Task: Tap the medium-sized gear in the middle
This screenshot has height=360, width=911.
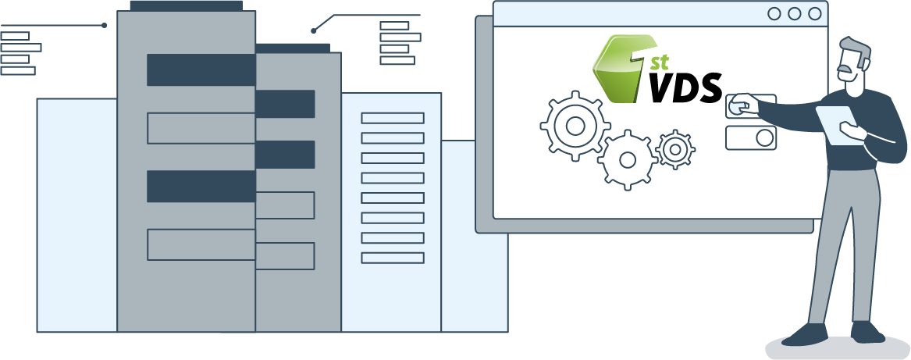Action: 627,160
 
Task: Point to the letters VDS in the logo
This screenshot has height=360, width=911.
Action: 685,88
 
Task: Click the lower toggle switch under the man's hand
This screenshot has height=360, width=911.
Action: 751,138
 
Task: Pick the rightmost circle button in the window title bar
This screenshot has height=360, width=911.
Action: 815,13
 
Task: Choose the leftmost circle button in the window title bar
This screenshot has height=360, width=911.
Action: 774,13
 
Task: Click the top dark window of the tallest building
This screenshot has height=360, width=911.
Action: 201,70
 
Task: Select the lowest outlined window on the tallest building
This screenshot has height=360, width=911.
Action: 201,244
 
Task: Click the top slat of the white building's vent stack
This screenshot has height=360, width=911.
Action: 392,118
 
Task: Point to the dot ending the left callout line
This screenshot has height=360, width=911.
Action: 104,26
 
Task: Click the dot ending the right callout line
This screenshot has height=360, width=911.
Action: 313,30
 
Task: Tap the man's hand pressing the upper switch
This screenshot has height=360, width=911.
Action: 739,103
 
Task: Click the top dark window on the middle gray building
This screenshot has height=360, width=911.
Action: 285,104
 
